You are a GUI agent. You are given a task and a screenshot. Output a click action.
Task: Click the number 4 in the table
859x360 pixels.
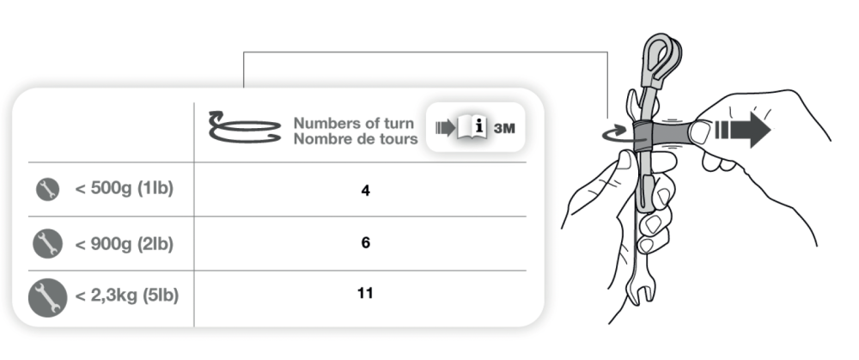point(365,192)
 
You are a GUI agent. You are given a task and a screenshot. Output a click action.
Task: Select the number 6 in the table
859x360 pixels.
point(365,243)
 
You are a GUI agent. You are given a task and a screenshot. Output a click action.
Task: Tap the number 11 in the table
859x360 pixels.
point(365,293)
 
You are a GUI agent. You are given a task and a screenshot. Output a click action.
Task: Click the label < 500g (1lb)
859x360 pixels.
point(124,189)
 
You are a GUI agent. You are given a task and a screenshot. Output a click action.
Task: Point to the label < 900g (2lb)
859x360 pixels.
point(124,244)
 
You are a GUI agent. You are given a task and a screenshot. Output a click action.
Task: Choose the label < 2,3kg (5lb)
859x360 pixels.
point(126,296)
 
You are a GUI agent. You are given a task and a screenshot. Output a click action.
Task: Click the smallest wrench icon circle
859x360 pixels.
point(47,190)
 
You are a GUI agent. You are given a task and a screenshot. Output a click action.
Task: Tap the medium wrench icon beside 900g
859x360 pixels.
point(47,243)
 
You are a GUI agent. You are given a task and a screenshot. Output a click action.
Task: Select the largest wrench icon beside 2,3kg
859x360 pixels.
point(47,297)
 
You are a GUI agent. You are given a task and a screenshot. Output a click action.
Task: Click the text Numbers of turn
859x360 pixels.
point(354,123)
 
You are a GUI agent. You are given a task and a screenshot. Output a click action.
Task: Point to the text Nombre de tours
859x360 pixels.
point(356,139)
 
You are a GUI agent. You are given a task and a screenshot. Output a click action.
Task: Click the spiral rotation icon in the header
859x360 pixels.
point(244,127)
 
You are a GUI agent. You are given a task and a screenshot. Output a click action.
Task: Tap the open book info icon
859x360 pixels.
point(472,129)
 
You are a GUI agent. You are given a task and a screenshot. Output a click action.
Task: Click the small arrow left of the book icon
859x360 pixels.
point(445,128)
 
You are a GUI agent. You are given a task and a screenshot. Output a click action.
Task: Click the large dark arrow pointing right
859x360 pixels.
point(743,130)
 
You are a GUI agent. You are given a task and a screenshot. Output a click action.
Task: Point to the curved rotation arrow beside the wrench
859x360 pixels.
point(615,134)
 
